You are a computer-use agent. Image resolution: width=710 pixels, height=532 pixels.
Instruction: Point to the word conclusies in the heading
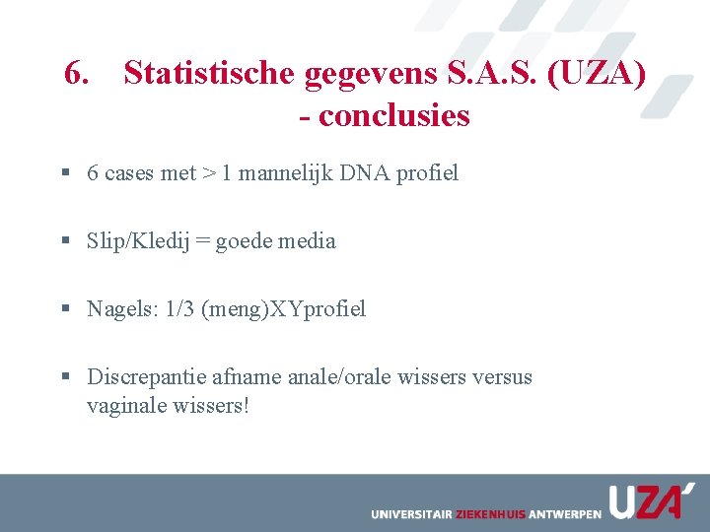394,115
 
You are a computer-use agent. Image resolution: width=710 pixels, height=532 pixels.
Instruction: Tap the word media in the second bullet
305,241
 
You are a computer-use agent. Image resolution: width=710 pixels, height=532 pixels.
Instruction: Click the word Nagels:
122,309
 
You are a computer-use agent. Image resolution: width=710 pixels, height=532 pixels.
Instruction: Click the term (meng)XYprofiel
283,309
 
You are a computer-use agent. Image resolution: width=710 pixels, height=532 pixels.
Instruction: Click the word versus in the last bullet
502,377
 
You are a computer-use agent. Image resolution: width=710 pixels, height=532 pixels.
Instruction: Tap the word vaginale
125,405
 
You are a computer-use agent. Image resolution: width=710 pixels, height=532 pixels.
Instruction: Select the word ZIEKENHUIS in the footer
490,514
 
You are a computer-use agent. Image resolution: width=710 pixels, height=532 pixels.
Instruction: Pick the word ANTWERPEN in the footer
565,514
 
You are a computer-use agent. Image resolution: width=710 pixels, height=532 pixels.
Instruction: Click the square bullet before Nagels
64,309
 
